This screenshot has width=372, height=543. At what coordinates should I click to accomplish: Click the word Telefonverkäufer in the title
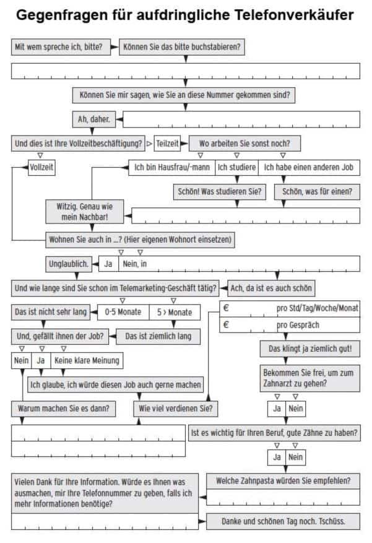tap(294, 15)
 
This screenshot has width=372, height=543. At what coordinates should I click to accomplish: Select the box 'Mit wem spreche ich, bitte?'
tap(61, 47)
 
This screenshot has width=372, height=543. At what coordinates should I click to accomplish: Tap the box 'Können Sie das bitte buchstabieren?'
tap(182, 47)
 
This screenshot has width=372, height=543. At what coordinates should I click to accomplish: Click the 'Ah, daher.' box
tap(94, 119)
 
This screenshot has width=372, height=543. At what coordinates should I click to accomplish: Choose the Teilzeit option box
tap(167, 144)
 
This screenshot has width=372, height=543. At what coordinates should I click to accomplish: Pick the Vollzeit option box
tap(41, 167)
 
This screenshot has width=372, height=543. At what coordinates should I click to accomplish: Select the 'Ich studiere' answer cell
tap(236, 167)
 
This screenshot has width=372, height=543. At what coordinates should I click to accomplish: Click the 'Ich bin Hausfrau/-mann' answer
tap(172, 167)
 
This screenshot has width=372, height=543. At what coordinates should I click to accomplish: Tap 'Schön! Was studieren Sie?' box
tap(220, 191)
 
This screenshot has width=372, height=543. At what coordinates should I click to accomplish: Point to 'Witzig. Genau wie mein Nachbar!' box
tap(84, 212)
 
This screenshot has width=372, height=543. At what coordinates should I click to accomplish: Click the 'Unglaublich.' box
tap(69, 264)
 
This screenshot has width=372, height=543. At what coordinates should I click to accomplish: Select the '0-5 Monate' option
tap(123, 312)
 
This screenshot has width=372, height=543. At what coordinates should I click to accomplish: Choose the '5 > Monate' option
tap(175, 312)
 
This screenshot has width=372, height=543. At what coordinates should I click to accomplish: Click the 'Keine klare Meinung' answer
tap(87, 360)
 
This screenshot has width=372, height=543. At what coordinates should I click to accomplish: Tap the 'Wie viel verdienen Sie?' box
tap(176, 409)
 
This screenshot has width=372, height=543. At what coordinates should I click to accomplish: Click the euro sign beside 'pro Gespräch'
tap(227, 325)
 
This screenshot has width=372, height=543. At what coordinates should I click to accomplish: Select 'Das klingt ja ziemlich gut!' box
tap(310, 349)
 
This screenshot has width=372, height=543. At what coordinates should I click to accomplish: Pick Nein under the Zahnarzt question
tap(295, 409)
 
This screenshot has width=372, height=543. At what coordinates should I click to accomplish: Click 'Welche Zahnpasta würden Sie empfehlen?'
tap(283, 481)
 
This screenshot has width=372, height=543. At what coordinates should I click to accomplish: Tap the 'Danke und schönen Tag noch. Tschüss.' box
tap(283, 521)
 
